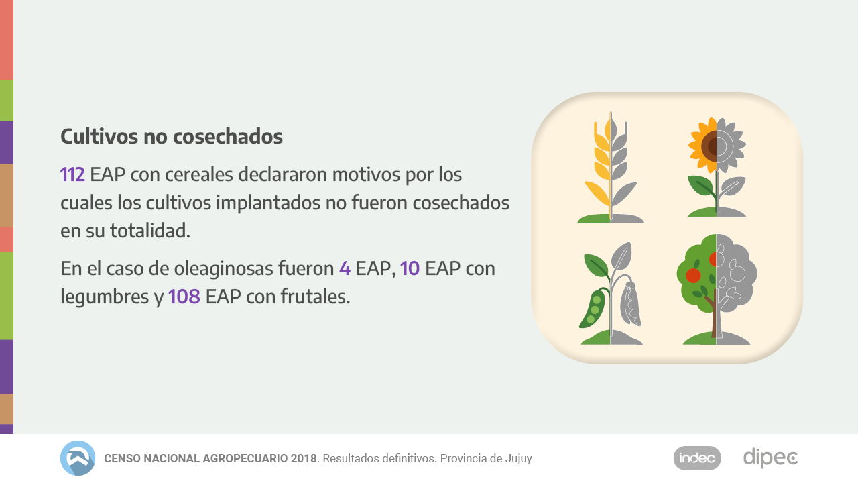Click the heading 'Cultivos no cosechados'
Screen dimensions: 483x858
[172, 136]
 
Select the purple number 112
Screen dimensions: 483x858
[72, 175]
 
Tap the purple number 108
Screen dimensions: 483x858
[184, 297]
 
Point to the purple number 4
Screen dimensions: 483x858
[345, 269]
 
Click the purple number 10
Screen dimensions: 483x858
[410, 269]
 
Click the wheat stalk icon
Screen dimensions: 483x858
[610, 168]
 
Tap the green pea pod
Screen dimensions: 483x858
[593, 309]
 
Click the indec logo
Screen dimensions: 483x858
[697, 458]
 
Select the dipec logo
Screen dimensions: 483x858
[770, 458]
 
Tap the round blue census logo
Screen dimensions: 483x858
[78, 458]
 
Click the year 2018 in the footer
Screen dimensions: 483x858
[304, 459]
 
